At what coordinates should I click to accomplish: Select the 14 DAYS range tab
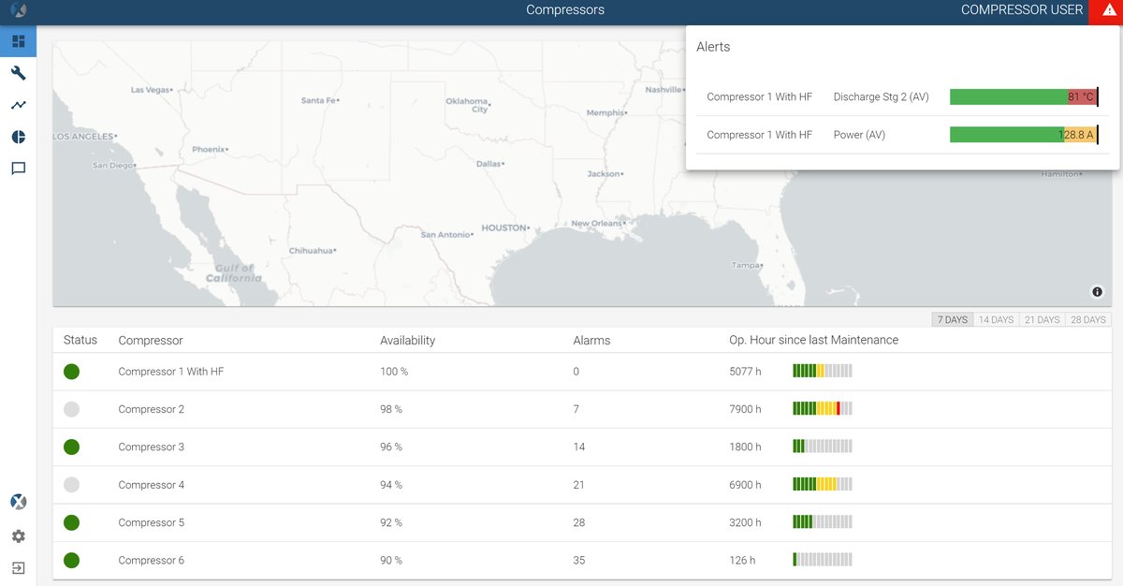[x=996, y=320]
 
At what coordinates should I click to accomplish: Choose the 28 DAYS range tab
[x=1087, y=320]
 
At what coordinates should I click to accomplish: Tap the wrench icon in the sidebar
[x=18, y=73]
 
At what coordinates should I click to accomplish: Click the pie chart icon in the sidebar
[x=18, y=137]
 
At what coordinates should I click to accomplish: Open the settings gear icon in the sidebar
[x=18, y=536]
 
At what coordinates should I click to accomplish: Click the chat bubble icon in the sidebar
[x=18, y=168]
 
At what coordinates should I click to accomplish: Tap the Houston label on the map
[x=504, y=227]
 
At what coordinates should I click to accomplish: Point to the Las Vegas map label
[x=151, y=90]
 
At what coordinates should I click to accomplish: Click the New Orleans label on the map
[x=596, y=224]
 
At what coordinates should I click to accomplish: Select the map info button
[x=1097, y=292]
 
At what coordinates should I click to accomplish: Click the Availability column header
[x=407, y=341]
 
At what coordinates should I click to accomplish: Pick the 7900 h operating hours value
[x=745, y=409]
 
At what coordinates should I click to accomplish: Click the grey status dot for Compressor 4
[x=71, y=485]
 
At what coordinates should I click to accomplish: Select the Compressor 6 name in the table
[x=151, y=561]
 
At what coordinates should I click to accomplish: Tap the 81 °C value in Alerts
[x=1080, y=97]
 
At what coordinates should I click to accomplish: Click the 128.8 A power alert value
[x=1075, y=135]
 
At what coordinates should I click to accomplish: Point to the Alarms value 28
[x=579, y=522]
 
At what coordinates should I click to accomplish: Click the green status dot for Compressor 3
[x=71, y=447]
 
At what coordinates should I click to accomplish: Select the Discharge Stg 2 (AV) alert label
[x=881, y=97]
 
